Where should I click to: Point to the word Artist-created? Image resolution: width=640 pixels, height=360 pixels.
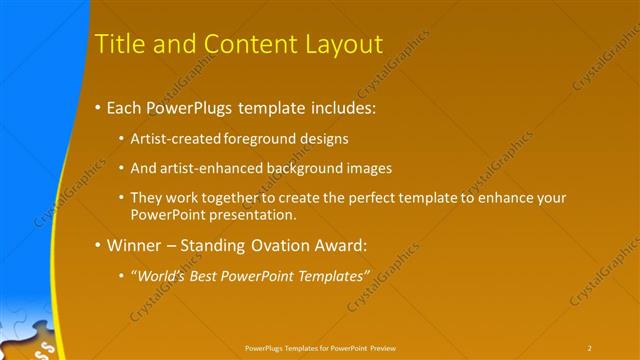[x=171, y=138]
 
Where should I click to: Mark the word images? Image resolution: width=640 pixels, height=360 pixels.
[x=368, y=168]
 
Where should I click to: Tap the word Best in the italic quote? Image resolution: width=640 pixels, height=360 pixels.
[x=210, y=275]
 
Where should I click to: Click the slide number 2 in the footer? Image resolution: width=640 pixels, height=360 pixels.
[x=590, y=348]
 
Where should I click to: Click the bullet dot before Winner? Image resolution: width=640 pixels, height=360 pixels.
[x=97, y=246]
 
